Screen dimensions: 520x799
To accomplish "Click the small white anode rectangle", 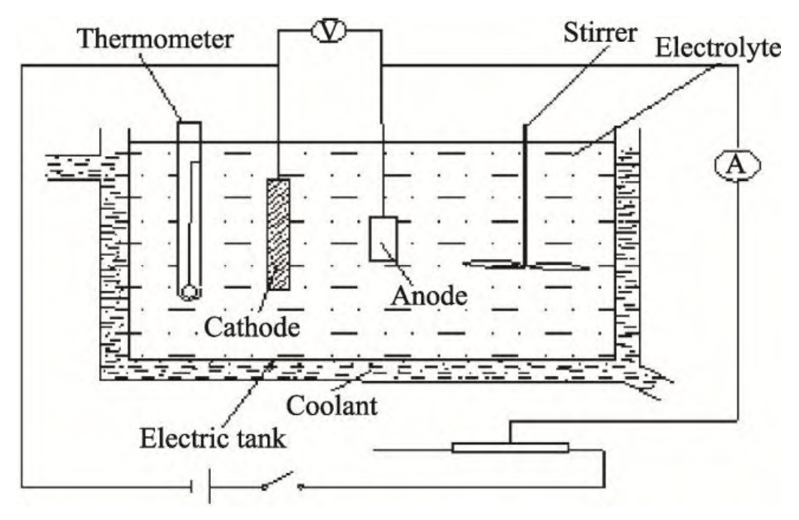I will tap(383, 239).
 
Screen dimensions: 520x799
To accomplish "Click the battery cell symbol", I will tap(202, 487).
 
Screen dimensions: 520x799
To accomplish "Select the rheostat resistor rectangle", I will tap(510, 448).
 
